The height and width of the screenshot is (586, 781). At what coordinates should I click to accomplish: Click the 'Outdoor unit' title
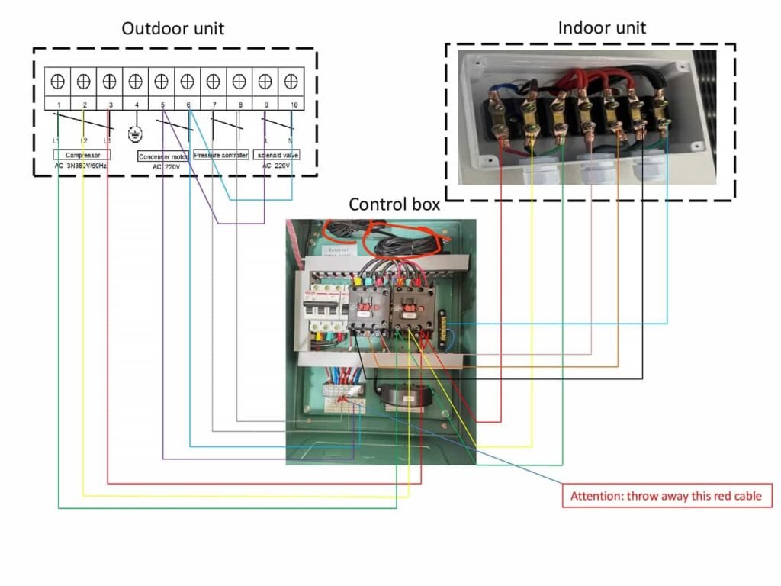173,29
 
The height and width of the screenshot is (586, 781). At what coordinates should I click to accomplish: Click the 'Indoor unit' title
602,28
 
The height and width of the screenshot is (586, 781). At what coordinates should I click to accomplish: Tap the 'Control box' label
394,204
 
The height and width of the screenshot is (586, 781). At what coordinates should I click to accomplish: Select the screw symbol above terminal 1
58,79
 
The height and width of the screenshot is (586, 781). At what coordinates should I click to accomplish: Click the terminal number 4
137,103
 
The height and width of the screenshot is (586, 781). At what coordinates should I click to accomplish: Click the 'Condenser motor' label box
163,156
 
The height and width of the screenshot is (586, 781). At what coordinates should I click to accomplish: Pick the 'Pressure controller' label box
220,155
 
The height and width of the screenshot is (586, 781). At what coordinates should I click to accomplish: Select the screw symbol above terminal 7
214,79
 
